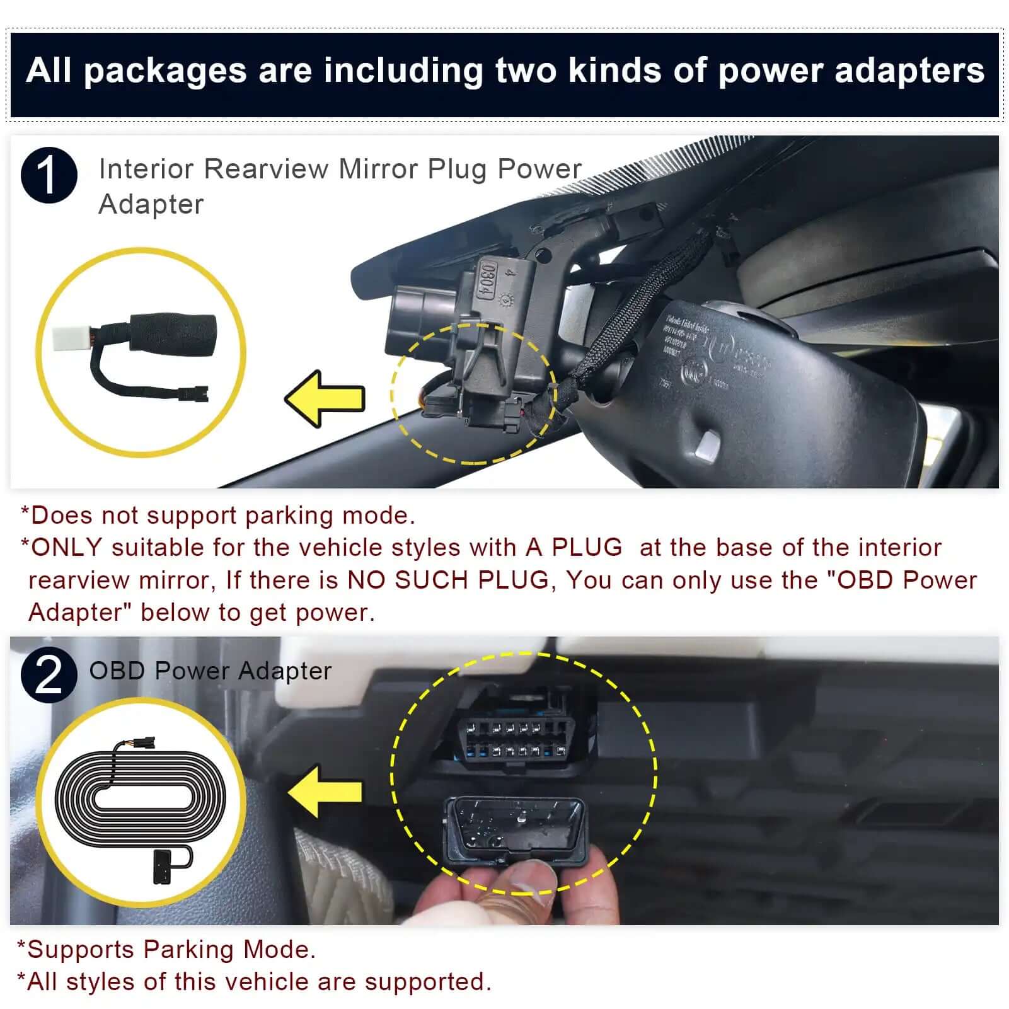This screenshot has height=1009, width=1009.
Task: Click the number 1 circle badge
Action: (49, 175)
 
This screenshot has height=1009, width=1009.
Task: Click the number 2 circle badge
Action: (49, 674)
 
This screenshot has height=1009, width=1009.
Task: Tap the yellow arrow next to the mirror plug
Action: (326, 398)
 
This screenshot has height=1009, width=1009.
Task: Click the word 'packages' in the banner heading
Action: (165, 70)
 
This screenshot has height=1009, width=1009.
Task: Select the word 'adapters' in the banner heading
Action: (909, 70)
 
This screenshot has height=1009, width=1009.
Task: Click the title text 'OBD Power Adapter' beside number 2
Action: (210, 671)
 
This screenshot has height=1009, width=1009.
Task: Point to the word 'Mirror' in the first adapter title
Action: (378, 169)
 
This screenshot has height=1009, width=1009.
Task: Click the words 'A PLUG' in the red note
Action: (574, 547)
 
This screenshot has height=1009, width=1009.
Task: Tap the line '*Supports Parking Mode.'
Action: (166, 949)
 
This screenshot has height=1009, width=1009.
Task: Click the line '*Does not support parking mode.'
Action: (218, 516)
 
